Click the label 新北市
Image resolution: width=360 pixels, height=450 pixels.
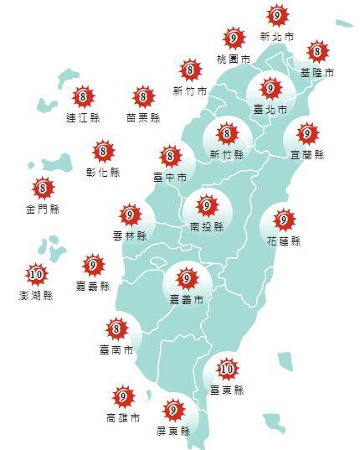point(277,37)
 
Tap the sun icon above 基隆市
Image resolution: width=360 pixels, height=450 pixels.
point(317,52)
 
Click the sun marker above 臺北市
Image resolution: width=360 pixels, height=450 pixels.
point(270,88)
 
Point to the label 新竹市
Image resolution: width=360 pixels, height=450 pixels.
point(190,91)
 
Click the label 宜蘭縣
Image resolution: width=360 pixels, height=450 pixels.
point(307,155)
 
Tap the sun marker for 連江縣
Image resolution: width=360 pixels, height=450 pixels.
point(82,97)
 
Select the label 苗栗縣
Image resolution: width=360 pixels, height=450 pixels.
point(143,118)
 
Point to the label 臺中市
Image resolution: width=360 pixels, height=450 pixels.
point(170,177)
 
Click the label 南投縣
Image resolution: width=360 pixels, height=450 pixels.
point(206,226)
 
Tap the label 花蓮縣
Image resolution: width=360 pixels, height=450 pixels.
point(284,241)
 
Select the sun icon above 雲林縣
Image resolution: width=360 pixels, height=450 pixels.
point(130,215)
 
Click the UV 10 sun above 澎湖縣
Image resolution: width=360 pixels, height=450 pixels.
point(36,273)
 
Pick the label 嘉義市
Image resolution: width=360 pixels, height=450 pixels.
point(187,298)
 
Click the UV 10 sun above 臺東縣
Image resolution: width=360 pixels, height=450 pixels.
point(227,368)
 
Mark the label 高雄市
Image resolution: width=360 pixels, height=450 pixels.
point(123,417)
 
